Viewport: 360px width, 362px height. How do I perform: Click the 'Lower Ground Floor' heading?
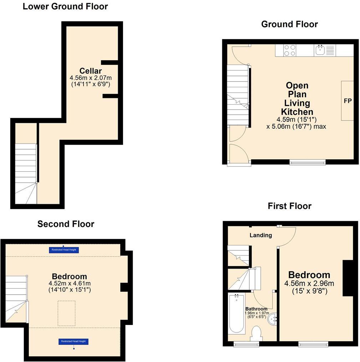pyautogui.click(x=65, y=6)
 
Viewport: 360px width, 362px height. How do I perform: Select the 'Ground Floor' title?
pyautogui.click(x=289, y=24)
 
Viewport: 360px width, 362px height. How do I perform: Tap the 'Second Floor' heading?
pyautogui.click(x=66, y=224)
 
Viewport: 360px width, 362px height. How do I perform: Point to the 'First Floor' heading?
pyautogui.click(x=289, y=206)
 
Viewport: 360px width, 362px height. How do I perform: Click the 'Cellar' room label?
pyautogui.click(x=91, y=71)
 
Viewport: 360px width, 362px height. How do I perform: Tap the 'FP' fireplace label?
pyautogui.click(x=347, y=101)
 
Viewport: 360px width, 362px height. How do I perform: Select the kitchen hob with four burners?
pyautogui.click(x=289, y=50)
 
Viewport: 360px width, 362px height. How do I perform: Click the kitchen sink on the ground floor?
pyautogui.click(x=320, y=50)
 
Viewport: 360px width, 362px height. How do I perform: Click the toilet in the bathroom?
pyautogui.click(x=257, y=334)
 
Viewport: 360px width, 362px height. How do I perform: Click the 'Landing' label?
pyautogui.click(x=260, y=235)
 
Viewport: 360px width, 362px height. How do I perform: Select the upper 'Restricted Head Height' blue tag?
pyautogui.click(x=64, y=250)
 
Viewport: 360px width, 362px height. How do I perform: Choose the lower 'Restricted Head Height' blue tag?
pyautogui.click(x=73, y=341)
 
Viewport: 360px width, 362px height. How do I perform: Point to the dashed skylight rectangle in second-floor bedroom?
pyautogui.click(x=66, y=313)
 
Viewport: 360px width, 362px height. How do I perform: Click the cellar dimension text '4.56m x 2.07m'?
pyautogui.click(x=91, y=78)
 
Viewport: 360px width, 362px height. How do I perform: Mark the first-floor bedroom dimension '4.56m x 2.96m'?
pyautogui.click(x=309, y=284)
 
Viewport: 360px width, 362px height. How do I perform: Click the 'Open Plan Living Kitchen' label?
pyautogui.click(x=297, y=99)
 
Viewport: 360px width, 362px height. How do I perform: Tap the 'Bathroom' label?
pyautogui.click(x=256, y=309)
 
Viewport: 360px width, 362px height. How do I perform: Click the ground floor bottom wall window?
pyautogui.click(x=307, y=162)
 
